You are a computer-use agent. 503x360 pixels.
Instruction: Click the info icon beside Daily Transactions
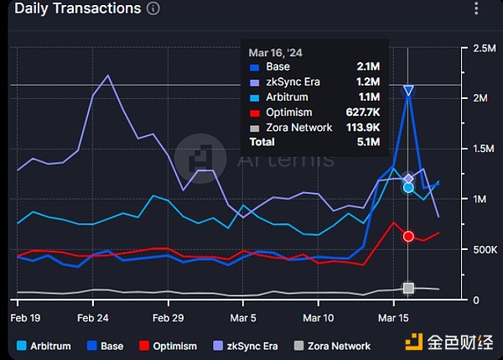153,9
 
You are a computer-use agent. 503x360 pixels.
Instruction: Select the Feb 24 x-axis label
92,318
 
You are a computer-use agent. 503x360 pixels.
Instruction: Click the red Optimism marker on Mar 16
408,237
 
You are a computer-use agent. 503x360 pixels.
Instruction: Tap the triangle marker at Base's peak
408,91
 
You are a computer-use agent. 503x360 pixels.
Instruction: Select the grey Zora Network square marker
408,289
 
